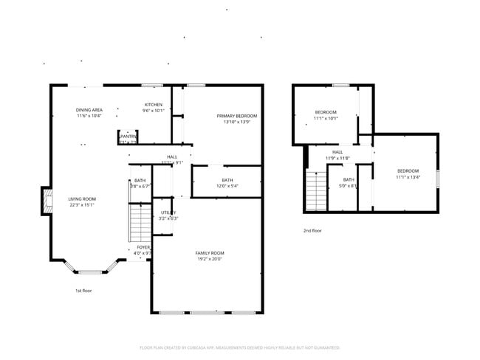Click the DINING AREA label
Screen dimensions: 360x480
[x=89, y=110]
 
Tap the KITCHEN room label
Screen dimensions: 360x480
[x=153, y=105]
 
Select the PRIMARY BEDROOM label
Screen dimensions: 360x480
[x=236, y=116]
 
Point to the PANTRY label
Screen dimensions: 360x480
[x=128, y=136]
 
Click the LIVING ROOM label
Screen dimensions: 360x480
[x=83, y=198]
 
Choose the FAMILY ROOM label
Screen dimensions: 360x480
[x=209, y=253]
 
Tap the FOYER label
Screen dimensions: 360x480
[x=143, y=247]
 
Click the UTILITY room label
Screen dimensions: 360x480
[x=168, y=212]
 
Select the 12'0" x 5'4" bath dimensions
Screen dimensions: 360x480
[x=227, y=186]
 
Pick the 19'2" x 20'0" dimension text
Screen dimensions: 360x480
[x=209, y=259]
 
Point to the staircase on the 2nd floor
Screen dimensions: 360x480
[x=316, y=191]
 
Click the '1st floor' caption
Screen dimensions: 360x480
[x=83, y=291]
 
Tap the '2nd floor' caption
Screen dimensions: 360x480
[x=312, y=231]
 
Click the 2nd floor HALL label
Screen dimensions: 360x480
[x=337, y=152]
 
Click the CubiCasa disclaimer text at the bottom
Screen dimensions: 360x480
[x=240, y=347]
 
